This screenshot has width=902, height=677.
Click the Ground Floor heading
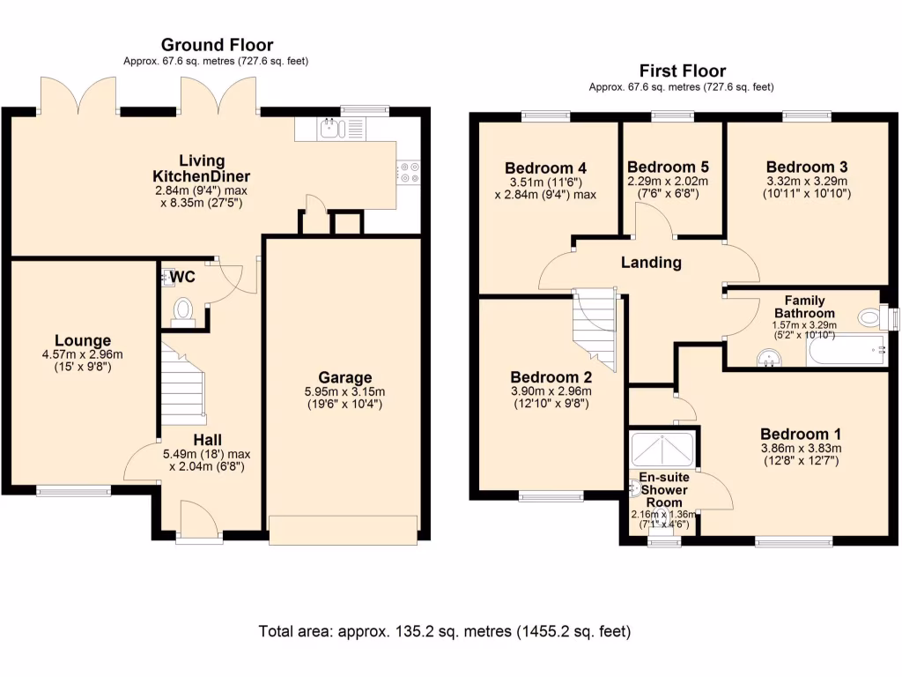(217, 45)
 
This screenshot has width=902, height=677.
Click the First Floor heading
(682, 71)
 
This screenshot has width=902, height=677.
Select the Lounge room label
(83, 340)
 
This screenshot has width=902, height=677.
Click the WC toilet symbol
(183, 311)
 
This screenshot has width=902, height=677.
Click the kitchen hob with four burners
(408, 172)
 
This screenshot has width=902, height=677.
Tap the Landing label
(651, 262)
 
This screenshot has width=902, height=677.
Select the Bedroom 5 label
(667, 167)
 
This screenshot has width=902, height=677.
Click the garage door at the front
(343, 531)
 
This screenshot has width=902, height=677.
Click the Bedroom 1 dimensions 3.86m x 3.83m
(801, 448)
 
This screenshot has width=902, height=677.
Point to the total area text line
(445, 632)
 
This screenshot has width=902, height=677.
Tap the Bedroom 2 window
(551, 496)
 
